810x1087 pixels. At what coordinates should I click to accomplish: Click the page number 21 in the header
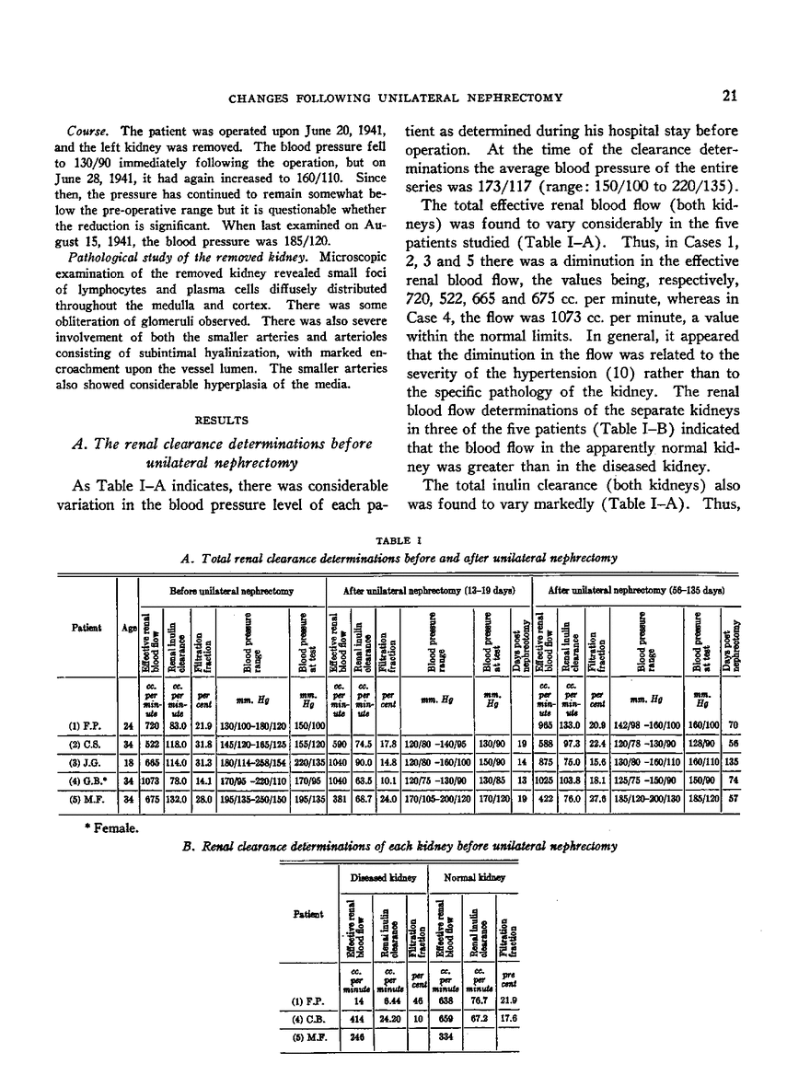coord(755,93)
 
